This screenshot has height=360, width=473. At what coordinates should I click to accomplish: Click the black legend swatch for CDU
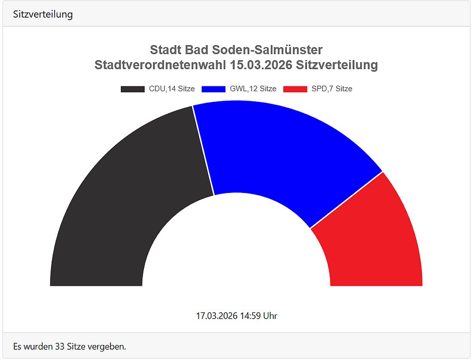click(132, 89)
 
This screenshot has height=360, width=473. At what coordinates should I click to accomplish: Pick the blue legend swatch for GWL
click(213, 89)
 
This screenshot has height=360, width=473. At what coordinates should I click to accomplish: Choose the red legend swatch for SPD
click(295, 89)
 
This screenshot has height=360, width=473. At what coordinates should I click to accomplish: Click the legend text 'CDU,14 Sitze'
click(172, 89)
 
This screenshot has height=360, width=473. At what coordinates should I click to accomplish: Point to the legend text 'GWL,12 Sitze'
click(253, 89)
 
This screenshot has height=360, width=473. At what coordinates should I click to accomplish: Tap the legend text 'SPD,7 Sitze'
click(332, 89)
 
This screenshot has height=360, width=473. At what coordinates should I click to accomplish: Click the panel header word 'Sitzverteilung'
click(43, 14)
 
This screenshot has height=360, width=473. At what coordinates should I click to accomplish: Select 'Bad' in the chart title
click(197, 50)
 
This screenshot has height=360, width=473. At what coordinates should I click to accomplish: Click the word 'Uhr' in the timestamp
click(270, 316)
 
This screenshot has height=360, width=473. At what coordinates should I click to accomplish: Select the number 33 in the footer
click(61, 346)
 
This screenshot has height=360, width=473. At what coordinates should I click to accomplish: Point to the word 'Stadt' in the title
click(166, 50)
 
